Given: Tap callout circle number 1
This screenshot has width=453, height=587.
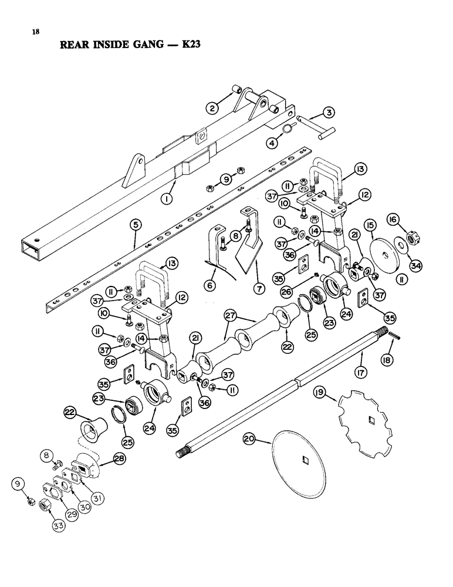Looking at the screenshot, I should click(x=167, y=200).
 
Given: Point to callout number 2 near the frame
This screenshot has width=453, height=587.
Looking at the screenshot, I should click(x=212, y=107).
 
